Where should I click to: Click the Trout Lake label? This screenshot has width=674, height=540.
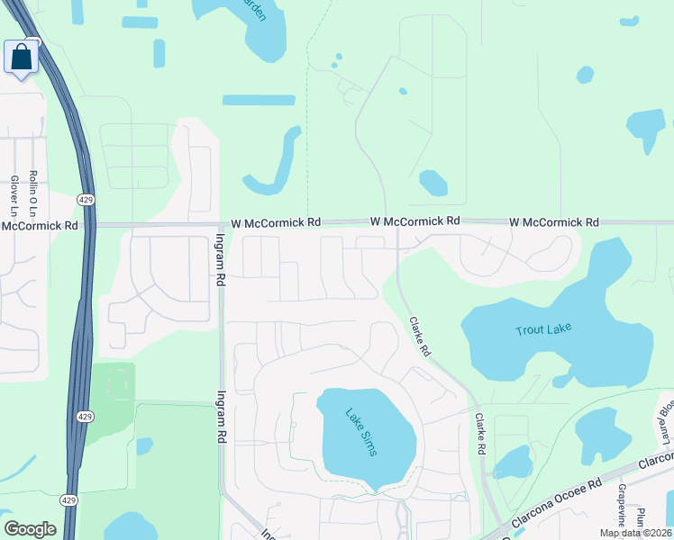tap(543, 330)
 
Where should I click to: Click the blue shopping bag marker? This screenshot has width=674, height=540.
tap(21, 57)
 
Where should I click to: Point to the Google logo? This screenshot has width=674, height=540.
tap(30, 529)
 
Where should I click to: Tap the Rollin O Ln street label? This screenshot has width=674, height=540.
tap(32, 193)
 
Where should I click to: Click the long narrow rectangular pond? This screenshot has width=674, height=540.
tap(258, 100)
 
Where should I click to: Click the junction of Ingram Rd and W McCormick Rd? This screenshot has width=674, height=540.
tap(222, 225)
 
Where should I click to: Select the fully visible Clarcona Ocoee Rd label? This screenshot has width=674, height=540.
tap(555, 502)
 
